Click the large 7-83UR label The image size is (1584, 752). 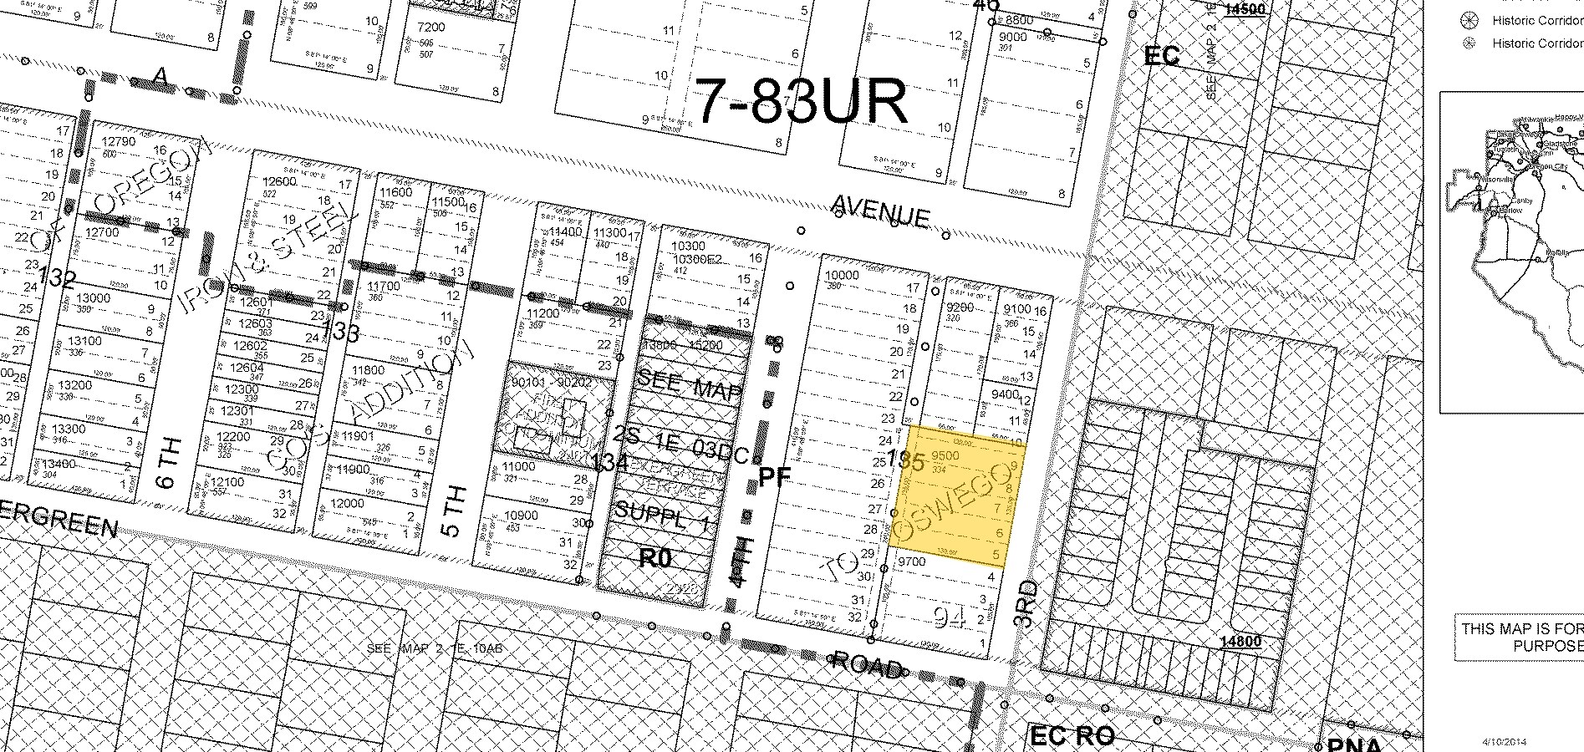801,102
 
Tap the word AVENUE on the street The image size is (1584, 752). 881,211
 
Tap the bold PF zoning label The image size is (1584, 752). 774,477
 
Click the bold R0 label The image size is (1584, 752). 654,558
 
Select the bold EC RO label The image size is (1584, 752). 1072,735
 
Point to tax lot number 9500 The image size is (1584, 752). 945,456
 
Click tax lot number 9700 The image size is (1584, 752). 910,562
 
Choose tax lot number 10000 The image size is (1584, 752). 842,275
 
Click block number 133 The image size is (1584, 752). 340,333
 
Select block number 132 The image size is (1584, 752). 56,279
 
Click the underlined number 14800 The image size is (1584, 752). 1240,642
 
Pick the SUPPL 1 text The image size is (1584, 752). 661,517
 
